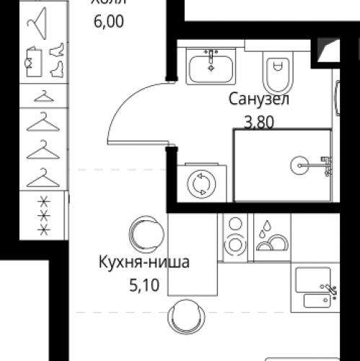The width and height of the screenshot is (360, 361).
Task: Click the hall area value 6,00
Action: click(x=108, y=22)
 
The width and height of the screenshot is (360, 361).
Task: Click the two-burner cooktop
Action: click(x=234, y=235)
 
